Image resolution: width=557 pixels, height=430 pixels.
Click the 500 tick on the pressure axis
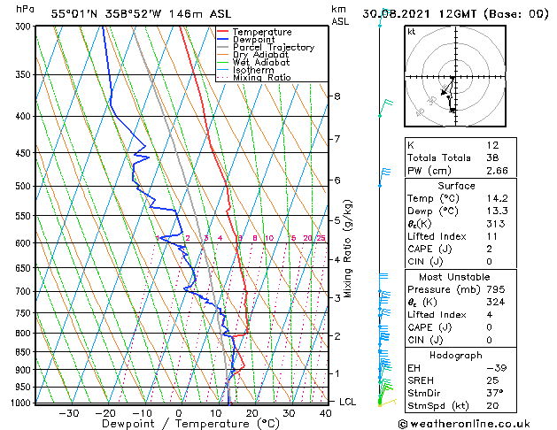click(23, 187)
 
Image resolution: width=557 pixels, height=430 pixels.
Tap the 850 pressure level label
click(23, 352)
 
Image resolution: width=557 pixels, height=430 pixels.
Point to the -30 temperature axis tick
click(68, 413)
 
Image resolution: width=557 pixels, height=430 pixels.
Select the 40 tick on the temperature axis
click(326, 413)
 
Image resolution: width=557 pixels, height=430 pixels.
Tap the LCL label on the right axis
click(349, 402)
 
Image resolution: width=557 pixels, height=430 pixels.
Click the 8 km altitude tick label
click(337, 96)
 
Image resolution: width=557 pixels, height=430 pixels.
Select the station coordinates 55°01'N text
click(74, 13)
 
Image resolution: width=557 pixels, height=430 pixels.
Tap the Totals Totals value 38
click(493, 157)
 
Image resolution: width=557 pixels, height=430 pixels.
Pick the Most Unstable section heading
click(449, 276)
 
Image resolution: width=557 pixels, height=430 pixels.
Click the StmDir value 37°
click(494, 394)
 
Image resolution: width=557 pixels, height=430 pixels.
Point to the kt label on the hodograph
click(411, 32)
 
